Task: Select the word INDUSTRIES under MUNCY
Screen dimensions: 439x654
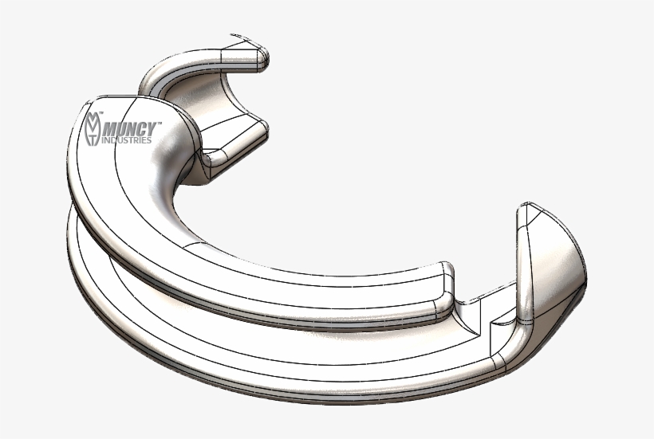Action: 128,140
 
